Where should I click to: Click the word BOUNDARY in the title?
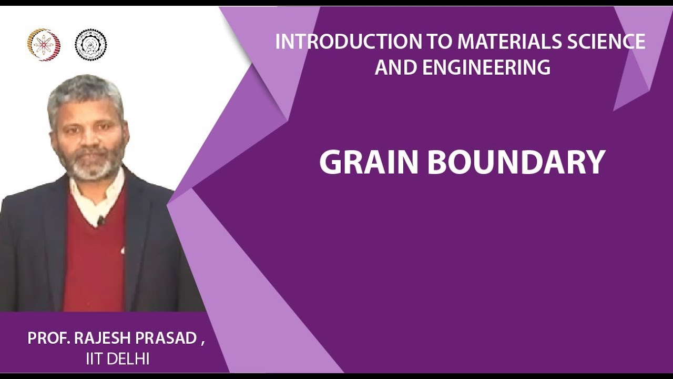(x=516, y=163)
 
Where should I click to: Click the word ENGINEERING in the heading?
(x=481, y=67)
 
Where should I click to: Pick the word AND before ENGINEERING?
(x=391, y=67)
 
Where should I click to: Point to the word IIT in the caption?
(x=94, y=360)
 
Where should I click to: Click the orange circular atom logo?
(x=44, y=45)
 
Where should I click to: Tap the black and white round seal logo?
(x=90, y=45)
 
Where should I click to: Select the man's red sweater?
(x=95, y=263)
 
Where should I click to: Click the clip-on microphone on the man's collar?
(x=100, y=220)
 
